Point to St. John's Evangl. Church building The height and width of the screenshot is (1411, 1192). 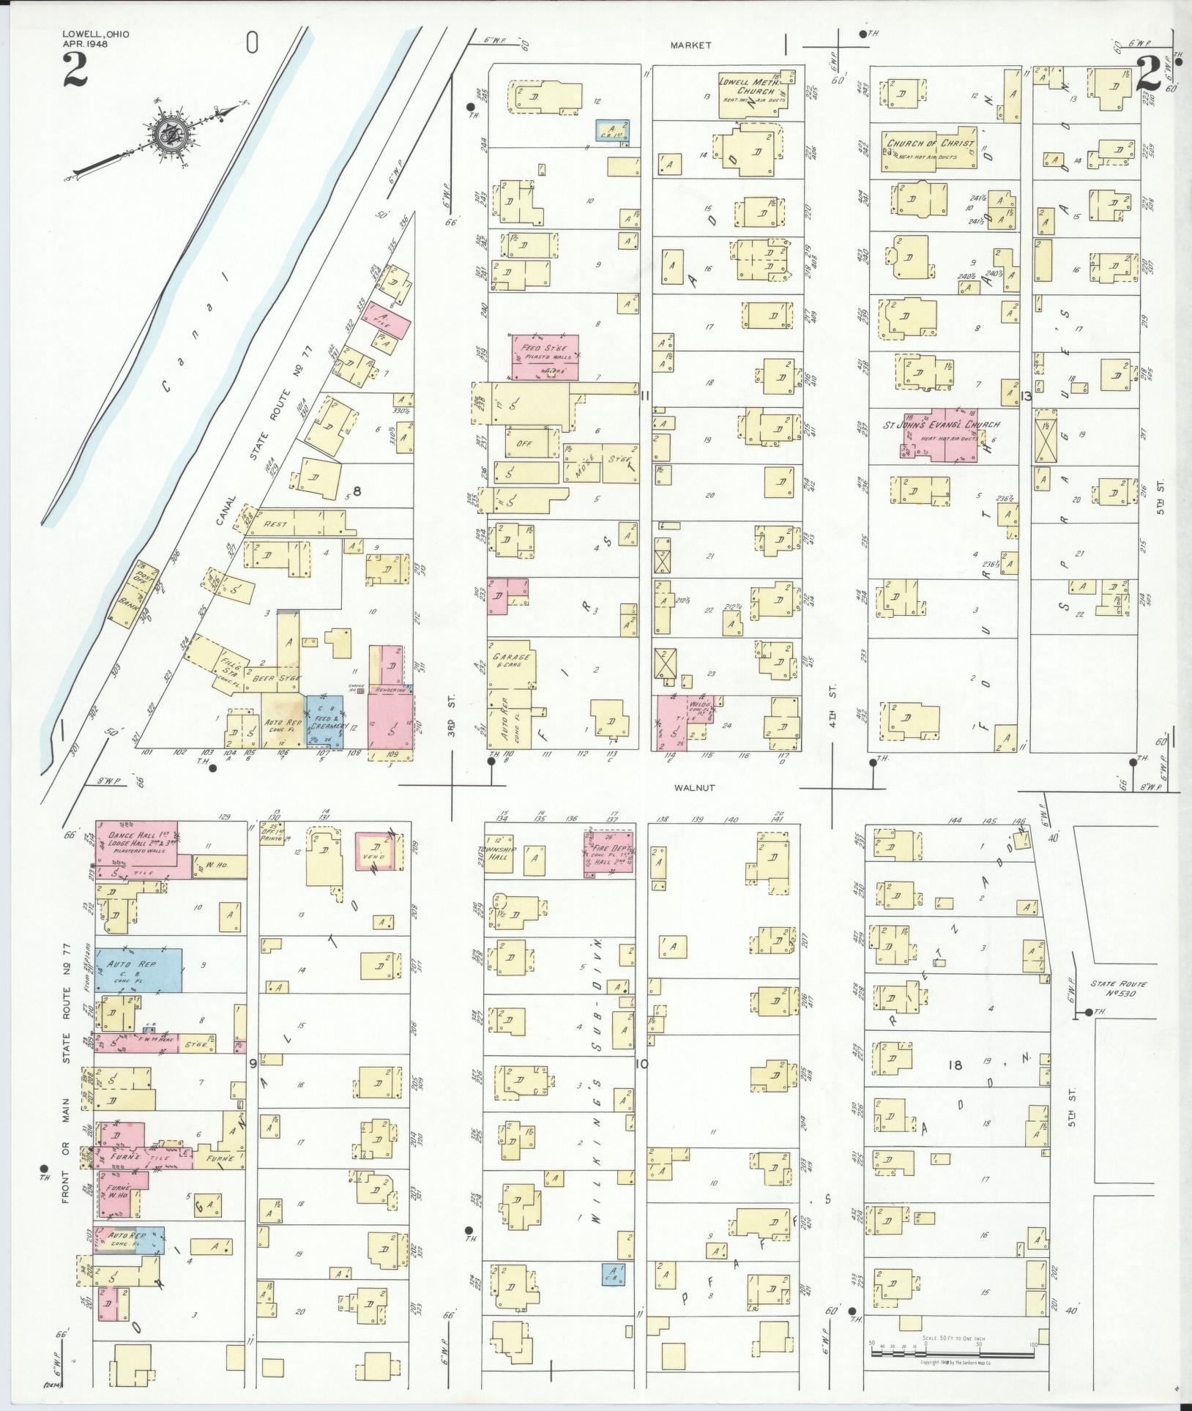point(940,434)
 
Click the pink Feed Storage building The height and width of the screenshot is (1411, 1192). point(545,357)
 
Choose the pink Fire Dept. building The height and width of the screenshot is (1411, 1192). point(608,854)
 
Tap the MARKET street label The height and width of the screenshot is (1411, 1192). point(690,45)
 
